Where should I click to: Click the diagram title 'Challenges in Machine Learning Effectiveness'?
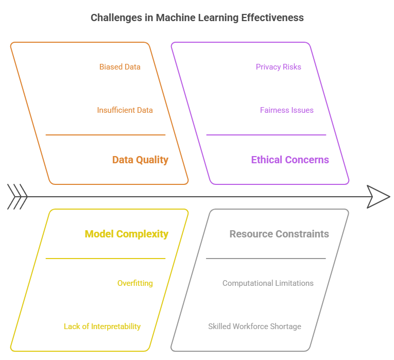tap(197, 18)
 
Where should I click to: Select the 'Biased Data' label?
tap(119, 67)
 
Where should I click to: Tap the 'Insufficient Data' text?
tap(125, 110)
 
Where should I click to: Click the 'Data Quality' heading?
tap(140, 160)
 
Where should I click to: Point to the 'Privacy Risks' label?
tap(278, 67)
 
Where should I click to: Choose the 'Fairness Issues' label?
tap(286, 110)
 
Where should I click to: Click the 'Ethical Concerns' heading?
tap(289, 160)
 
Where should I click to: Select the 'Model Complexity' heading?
tap(126, 234)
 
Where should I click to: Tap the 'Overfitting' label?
tap(135, 283)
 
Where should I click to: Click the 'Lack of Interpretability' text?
tap(102, 327)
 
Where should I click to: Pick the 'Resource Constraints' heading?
tap(279, 234)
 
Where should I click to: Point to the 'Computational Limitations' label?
tap(268, 283)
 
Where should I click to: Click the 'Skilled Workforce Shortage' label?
tap(254, 327)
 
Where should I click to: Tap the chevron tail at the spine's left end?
tap(18, 197)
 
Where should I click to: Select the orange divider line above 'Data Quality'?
tap(106, 135)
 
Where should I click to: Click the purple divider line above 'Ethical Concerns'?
tap(266, 135)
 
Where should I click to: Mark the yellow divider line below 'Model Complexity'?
tap(106, 259)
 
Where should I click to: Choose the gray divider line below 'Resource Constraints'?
tap(266, 259)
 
